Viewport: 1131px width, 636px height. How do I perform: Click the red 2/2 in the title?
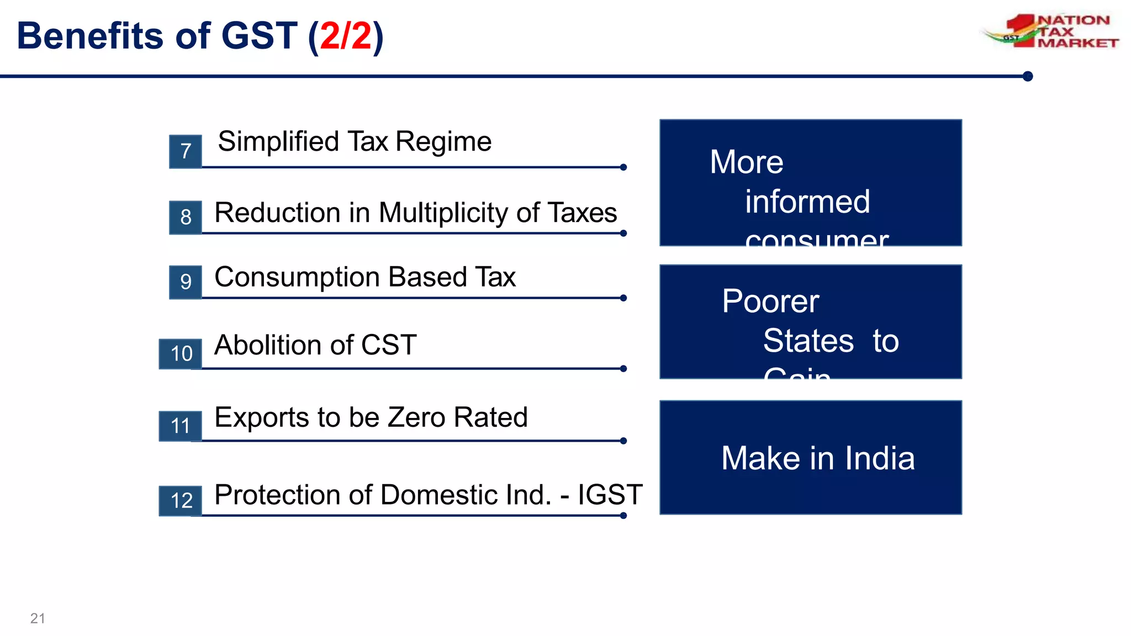(x=346, y=36)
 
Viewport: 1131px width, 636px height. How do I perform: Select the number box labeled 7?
(x=186, y=151)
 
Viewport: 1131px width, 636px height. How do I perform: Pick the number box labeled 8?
(x=186, y=217)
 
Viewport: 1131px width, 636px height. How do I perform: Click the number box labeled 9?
(x=186, y=282)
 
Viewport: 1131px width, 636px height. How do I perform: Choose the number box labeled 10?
(x=181, y=354)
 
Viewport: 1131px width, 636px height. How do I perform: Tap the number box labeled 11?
(x=181, y=426)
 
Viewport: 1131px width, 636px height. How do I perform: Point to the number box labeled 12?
(x=181, y=501)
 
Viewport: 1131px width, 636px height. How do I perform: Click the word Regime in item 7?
(x=443, y=142)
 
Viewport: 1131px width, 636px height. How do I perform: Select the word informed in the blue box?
(x=807, y=202)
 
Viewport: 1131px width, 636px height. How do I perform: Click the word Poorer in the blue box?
(x=770, y=301)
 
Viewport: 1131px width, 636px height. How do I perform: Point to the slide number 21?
(x=38, y=618)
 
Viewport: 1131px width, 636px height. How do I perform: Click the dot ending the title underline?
(x=1028, y=76)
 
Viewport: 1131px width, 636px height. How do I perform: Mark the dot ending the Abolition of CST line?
(x=623, y=369)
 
